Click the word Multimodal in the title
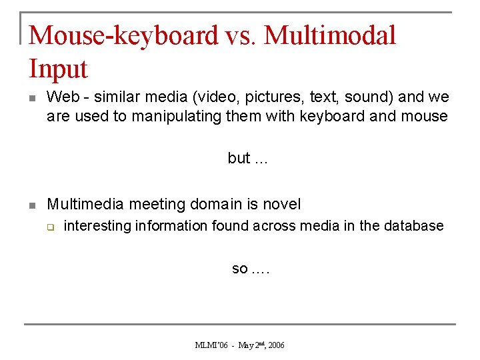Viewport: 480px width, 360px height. [330, 35]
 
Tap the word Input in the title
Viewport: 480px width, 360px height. [59, 69]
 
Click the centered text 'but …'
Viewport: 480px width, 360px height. [247, 158]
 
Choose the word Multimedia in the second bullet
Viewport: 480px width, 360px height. [86, 204]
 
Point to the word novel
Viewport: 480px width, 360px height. [282, 204]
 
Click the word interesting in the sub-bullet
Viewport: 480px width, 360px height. [97, 226]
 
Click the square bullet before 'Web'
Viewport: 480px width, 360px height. [31, 98]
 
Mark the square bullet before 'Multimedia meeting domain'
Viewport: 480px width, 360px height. [31, 205]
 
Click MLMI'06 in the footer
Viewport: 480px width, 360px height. [211, 345]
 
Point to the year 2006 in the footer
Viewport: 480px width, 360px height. [275, 345]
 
